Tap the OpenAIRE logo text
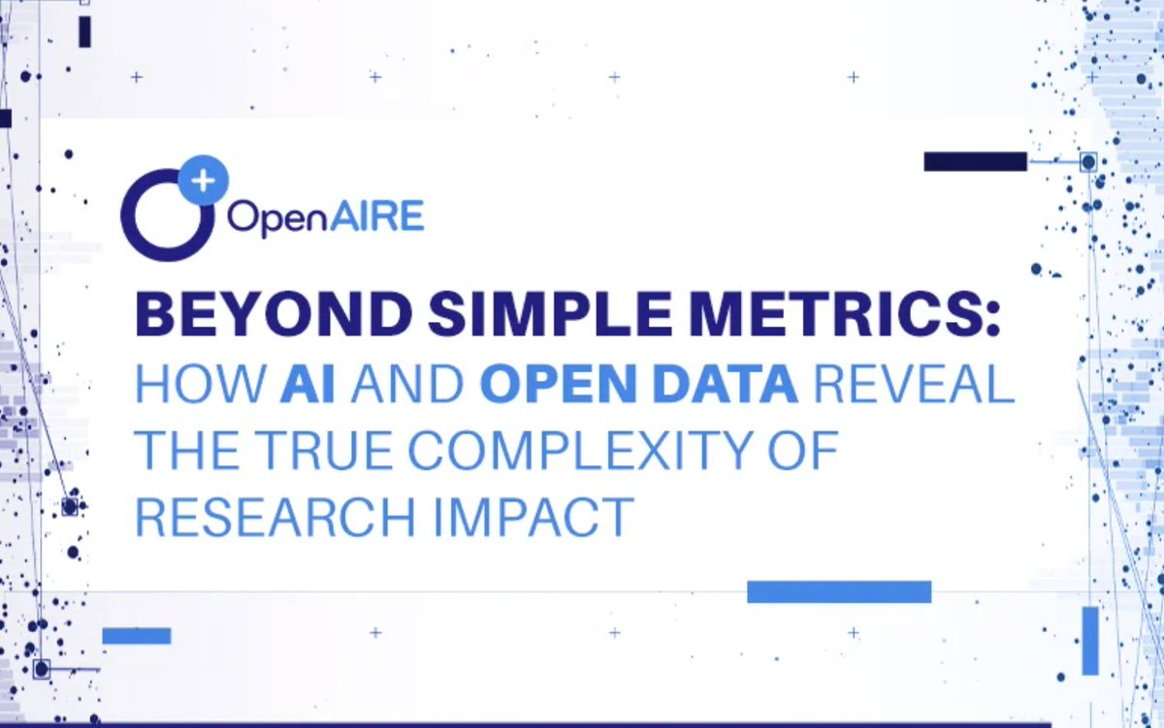coord(325,215)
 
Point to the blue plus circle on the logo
coord(204,181)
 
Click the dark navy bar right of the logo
coord(975,162)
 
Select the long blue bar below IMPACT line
coord(839,591)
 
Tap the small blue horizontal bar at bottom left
coord(137,636)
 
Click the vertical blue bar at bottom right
coord(1090,641)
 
